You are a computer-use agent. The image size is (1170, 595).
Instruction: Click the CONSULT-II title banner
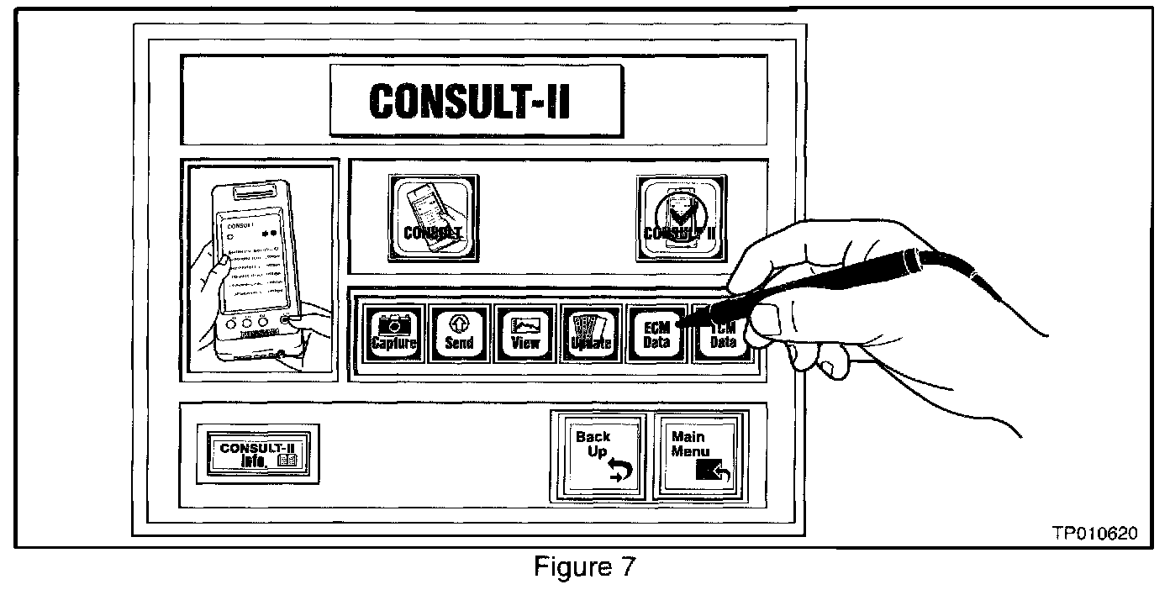(476, 101)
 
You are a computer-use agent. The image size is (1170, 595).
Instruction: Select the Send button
(459, 334)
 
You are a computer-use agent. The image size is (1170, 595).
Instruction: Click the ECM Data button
(656, 334)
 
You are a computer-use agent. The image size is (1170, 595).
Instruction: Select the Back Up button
(600, 455)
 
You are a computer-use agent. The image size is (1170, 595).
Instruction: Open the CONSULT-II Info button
(257, 453)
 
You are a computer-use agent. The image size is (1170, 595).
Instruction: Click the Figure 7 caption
(585, 568)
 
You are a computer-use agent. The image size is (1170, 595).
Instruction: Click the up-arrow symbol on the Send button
(459, 321)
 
